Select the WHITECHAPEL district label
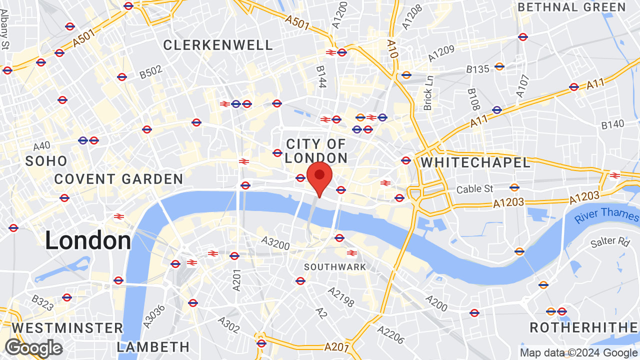[x=475, y=162]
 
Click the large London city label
[x=88, y=241]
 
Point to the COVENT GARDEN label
[x=118, y=179]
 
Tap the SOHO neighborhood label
[x=46, y=161]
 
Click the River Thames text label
[x=606, y=215]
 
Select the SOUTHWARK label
[x=335, y=267]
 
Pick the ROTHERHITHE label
[x=584, y=328]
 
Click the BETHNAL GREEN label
[x=571, y=7]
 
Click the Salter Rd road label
[x=610, y=242]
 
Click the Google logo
[x=33, y=348]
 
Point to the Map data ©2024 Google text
[x=578, y=353]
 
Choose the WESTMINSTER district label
[x=67, y=328]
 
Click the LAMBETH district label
[x=153, y=347]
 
